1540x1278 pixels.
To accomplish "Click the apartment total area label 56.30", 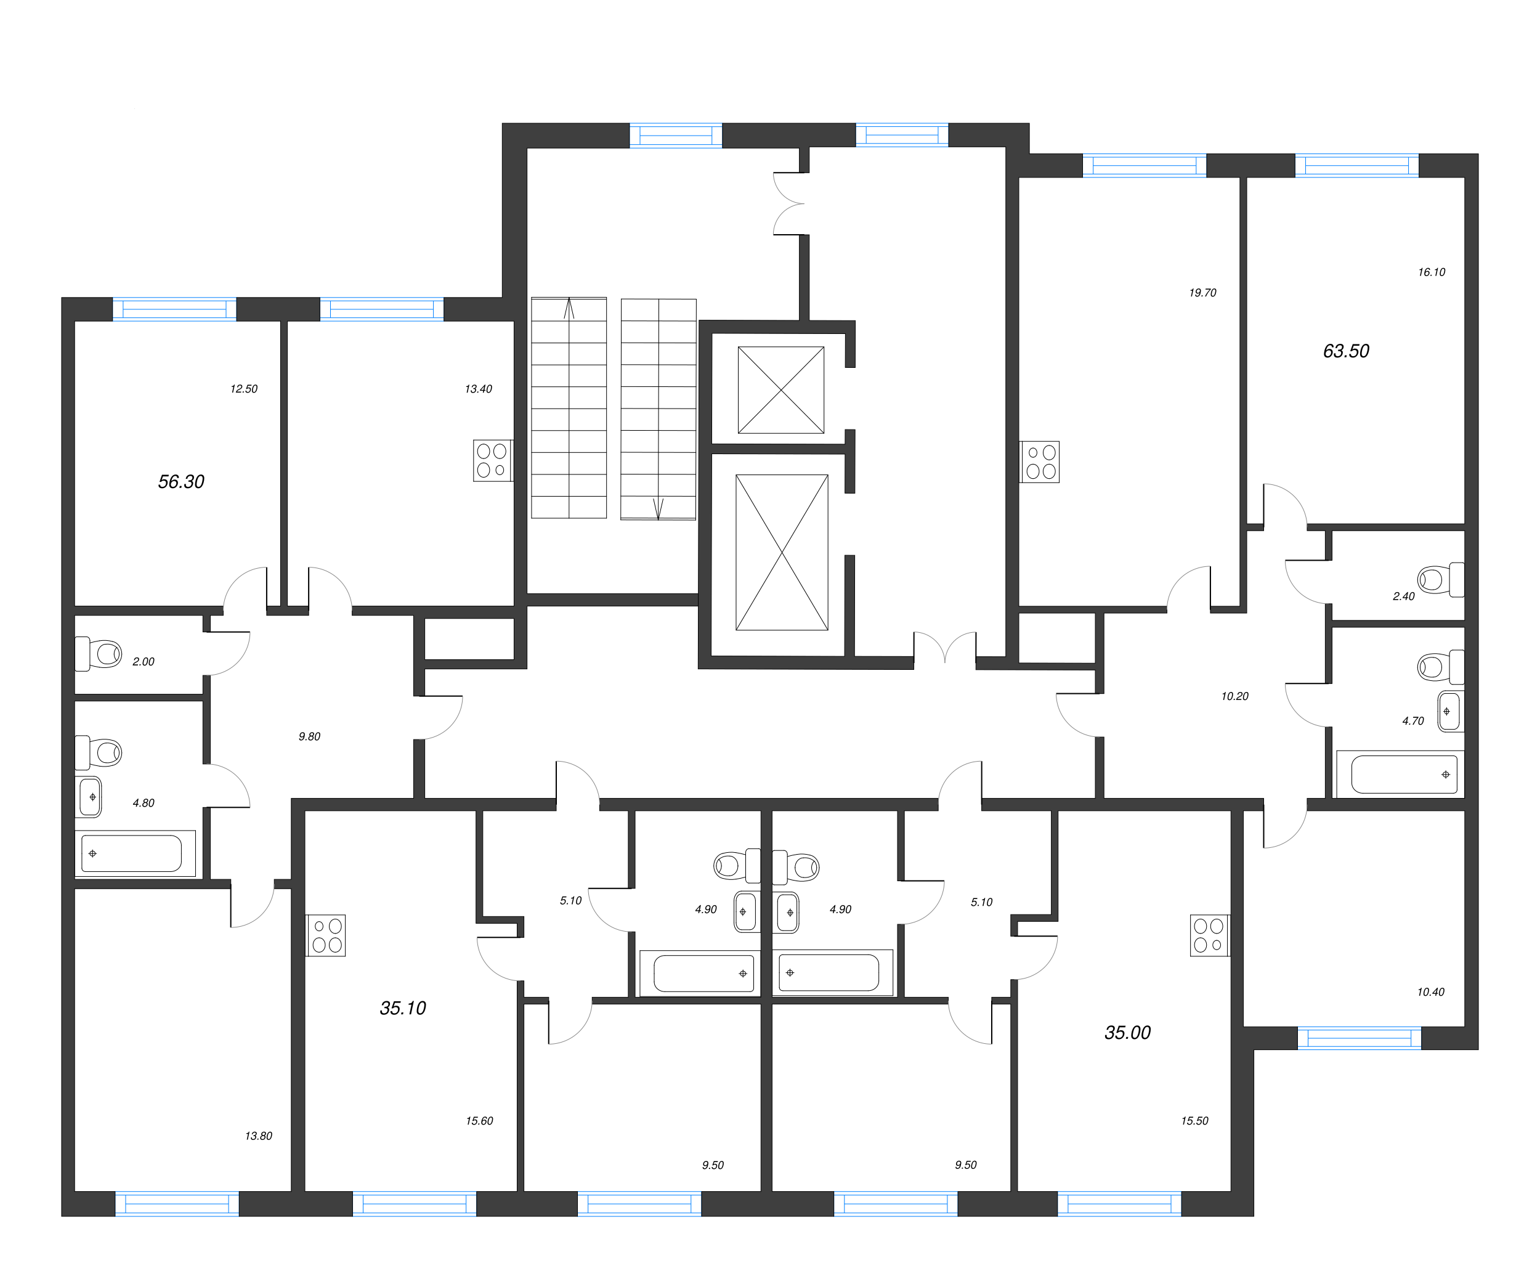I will pos(181,482).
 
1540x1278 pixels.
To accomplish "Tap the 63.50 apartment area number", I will pos(1346,351).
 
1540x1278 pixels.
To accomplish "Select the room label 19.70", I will pos(1202,293).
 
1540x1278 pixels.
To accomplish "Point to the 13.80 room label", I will pos(258,1136).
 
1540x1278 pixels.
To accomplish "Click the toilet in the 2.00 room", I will pos(100,654).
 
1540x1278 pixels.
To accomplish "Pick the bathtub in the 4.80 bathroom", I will pos(132,853).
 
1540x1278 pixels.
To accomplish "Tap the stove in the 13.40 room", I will pos(492,461).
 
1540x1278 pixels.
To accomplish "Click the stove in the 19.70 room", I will pos(1040,462).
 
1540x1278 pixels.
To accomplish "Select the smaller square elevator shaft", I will pos(780,390).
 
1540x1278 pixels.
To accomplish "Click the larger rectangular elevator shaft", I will pos(782,553).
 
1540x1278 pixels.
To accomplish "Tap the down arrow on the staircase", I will pos(658,508).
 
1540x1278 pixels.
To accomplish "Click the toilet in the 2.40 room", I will pos(1440,580).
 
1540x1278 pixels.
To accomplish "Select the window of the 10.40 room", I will pos(1359,1039).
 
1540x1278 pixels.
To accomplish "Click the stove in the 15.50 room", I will pos(1209,935).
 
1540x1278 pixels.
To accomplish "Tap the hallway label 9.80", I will pos(309,736).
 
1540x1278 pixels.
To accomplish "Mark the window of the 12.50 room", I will pos(174,309).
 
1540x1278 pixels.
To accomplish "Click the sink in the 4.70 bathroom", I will pos(1448,711).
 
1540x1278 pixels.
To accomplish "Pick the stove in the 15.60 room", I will pos(326,935).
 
